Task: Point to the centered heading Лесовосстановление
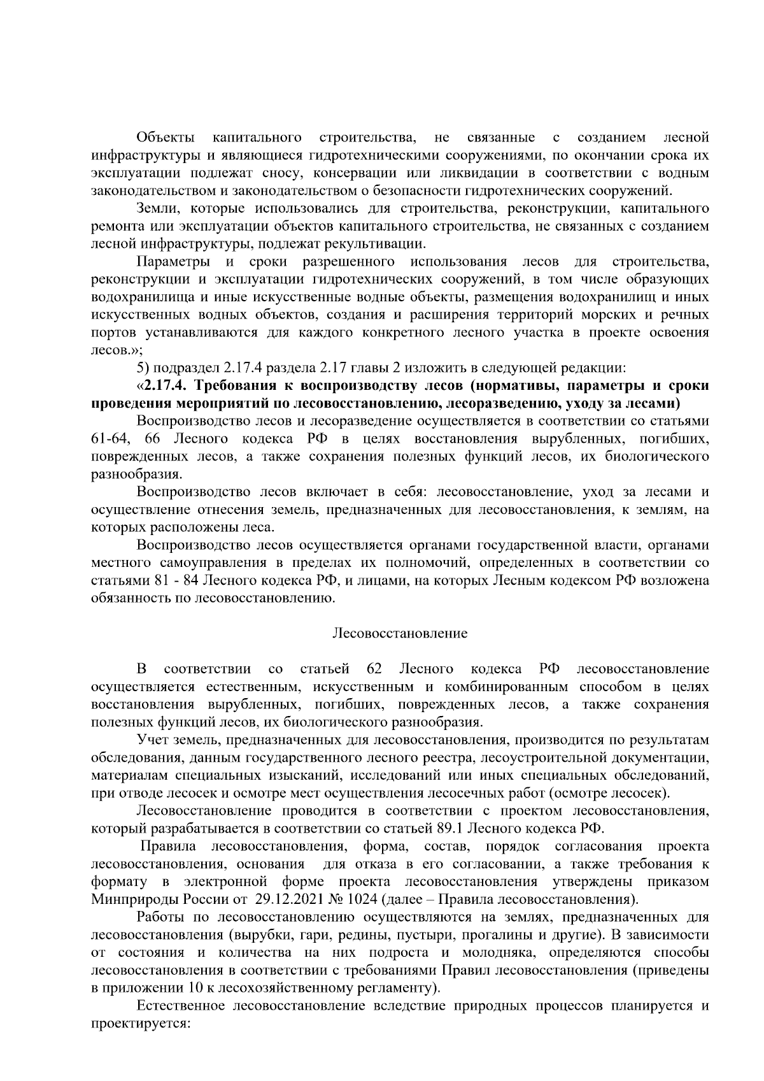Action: click(400, 633)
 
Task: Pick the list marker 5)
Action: click(143, 368)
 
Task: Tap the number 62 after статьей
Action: click(374, 669)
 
